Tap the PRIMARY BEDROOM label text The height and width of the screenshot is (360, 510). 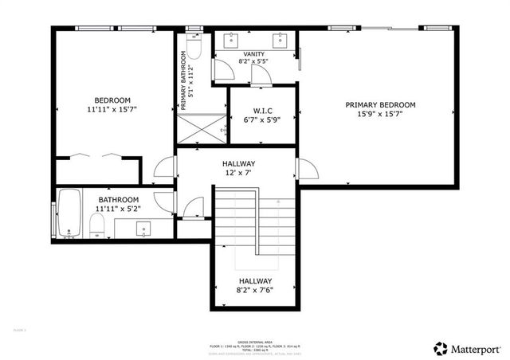coord(380,104)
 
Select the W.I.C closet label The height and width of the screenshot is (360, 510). coord(262,110)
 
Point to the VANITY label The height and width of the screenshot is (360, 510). coord(254,53)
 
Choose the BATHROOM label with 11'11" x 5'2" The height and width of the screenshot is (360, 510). coord(118,199)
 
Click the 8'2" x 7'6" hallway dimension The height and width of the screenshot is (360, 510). coord(256,292)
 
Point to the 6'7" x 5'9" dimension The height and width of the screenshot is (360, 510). coord(262,119)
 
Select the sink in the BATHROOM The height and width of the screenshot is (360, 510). coord(144,229)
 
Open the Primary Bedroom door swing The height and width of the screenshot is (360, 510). coord(306,168)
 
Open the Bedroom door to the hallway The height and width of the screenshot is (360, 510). coord(165,167)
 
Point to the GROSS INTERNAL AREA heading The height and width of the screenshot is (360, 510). coord(255,342)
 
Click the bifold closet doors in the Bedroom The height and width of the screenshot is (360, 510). coord(95,155)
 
